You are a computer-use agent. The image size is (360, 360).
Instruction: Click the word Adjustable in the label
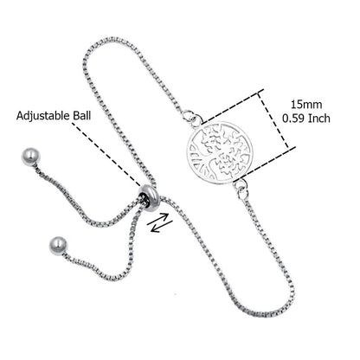tap(43, 115)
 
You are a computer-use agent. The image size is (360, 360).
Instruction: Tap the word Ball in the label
tap(81, 115)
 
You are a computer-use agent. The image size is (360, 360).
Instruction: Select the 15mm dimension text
tap(306, 104)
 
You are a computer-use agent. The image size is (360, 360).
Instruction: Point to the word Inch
tap(319, 119)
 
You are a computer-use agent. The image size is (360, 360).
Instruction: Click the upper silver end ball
tap(30, 157)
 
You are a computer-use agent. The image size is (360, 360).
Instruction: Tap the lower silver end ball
tap(58, 246)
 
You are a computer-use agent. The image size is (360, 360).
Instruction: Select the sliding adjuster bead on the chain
tap(149, 198)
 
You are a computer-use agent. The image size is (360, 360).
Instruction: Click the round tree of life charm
tap(220, 152)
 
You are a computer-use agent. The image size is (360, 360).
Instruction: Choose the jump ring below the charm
tap(241, 187)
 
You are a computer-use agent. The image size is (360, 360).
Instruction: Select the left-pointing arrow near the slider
tap(162, 227)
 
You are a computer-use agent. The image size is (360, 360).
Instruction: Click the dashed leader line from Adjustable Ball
tap(106, 154)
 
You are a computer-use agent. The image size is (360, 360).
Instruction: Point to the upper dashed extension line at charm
tap(233, 107)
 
